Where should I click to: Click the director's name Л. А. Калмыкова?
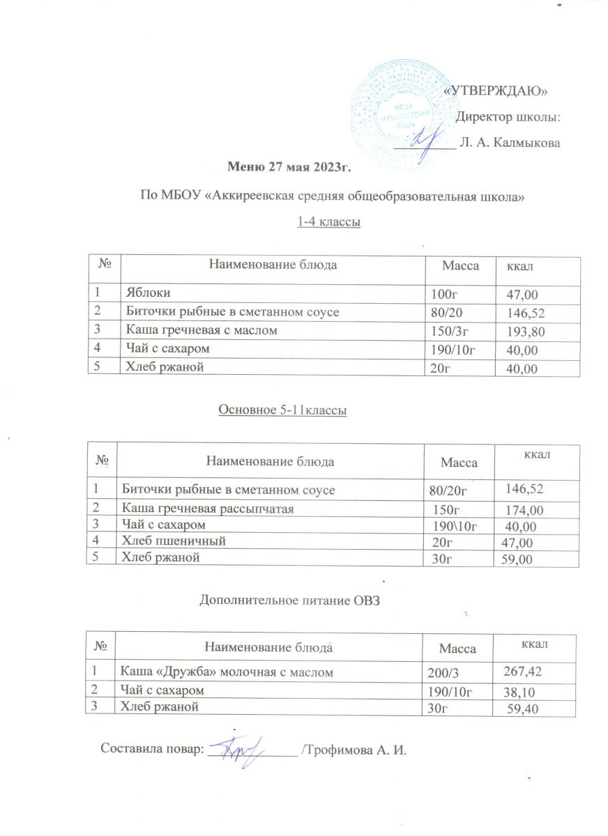click(511, 143)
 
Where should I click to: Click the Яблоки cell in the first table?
click(147, 292)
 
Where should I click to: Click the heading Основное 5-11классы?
click(283, 411)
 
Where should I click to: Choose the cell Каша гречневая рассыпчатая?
click(207, 509)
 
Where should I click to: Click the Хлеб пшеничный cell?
click(174, 541)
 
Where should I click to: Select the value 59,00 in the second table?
click(513, 559)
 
